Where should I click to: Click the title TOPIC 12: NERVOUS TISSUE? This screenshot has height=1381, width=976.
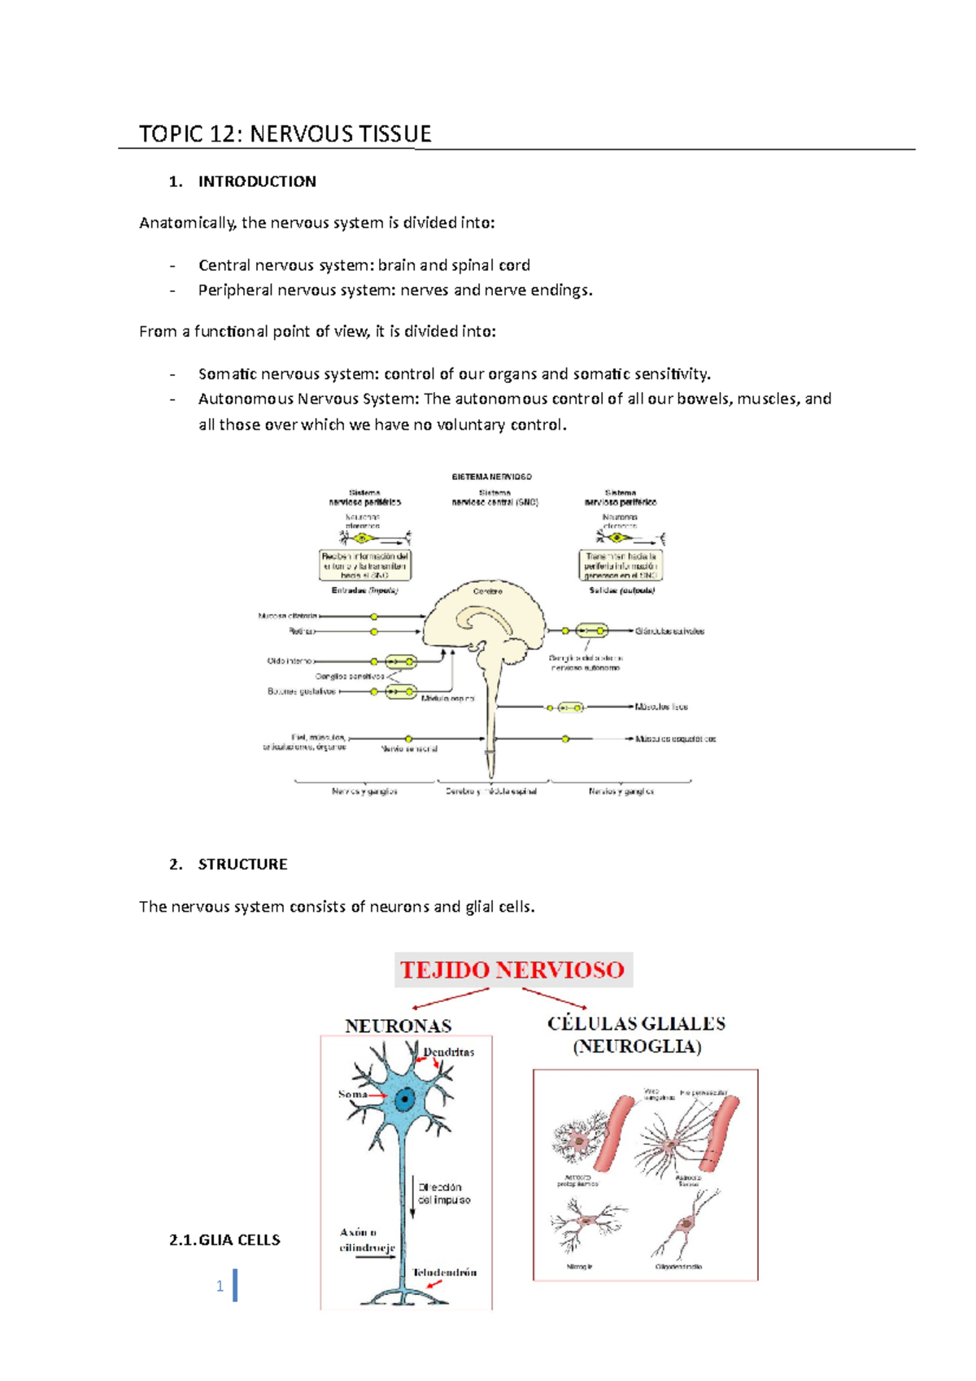tap(285, 134)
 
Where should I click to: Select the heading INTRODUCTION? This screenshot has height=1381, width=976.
tap(257, 181)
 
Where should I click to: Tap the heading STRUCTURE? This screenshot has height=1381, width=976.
tap(242, 864)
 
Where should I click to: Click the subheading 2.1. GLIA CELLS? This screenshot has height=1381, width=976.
tap(224, 1239)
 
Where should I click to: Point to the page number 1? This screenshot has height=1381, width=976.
tap(220, 1286)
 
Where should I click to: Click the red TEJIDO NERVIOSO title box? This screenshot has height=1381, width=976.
tap(512, 969)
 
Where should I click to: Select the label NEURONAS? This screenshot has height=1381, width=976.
tap(398, 1026)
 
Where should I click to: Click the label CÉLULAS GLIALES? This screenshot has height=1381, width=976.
tap(636, 1024)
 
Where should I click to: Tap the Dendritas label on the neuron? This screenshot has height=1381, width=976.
tap(448, 1052)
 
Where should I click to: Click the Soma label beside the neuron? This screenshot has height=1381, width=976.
tap(352, 1094)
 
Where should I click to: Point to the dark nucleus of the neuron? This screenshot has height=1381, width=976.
tap(404, 1100)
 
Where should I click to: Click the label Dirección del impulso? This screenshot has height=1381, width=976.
tap(444, 1193)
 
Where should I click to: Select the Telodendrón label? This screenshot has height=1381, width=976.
tap(444, 1272)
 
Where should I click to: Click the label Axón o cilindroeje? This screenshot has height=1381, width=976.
tap(367, 1240)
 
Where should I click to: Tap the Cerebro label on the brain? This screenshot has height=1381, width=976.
tap(487, 591)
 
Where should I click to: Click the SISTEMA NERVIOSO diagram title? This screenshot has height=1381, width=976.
tap(491, 477)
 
